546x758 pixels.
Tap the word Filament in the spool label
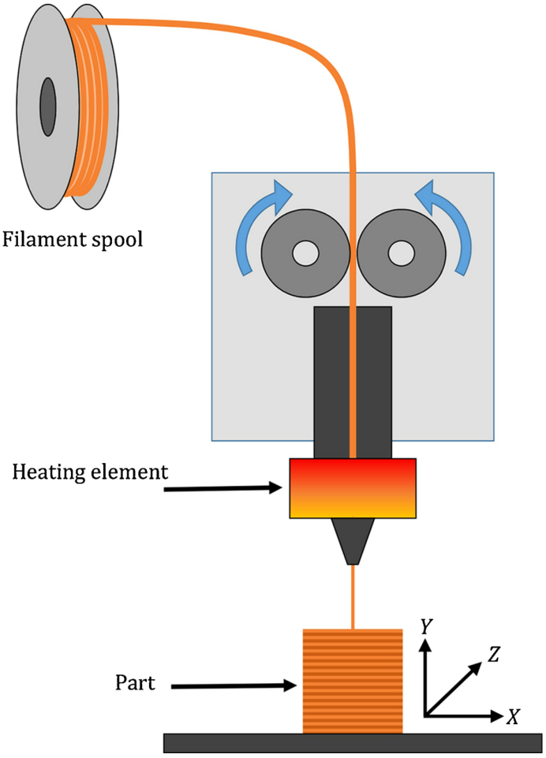pyautogui.click(x=47, y=238)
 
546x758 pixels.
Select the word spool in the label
pyautogui.click(x=118, y=239)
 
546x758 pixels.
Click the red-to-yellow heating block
pyautogui.click(x=352, y=488)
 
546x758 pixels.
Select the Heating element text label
pyautogui.click(x=92, y=472)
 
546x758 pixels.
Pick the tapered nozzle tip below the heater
pyautogui.click(x=353, y=541)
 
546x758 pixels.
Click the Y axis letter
pyautogui.click(x=426, y=627)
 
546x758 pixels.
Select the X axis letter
pyautogui.click(x=513, y=717)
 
